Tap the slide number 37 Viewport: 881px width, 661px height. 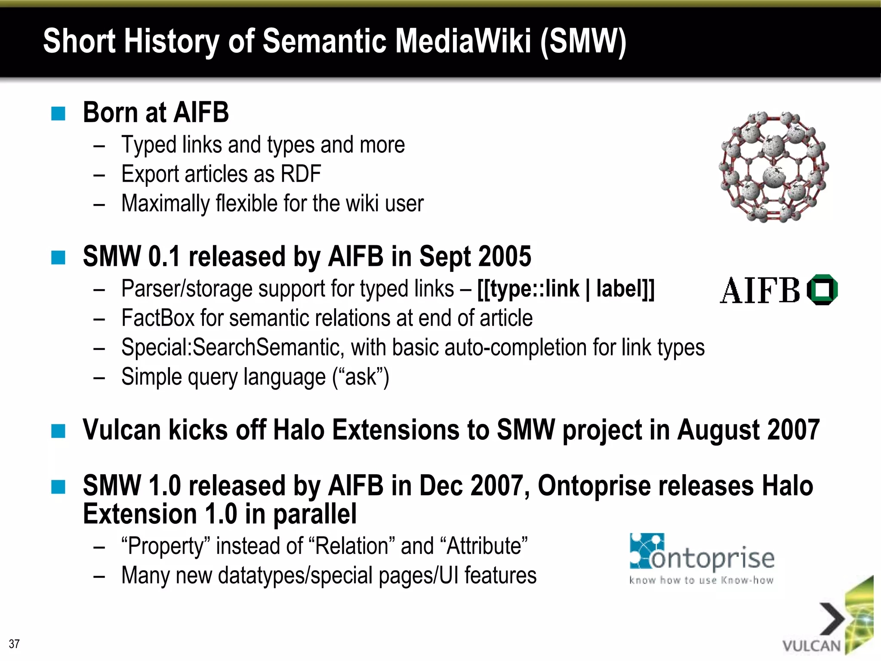coord(14,644)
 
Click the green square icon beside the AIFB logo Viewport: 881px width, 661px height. coord(822,290)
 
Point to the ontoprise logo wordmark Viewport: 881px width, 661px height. coord(712,559)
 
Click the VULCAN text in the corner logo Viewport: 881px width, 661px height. coord(811,646)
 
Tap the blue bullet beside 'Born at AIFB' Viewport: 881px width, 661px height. coord(58,114)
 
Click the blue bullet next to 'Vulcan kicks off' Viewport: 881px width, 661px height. coord(58,430)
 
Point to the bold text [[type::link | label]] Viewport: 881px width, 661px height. coord(566,289)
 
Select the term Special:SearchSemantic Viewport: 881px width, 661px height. coord(232,347)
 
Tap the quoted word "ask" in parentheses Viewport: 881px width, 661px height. coord(360,377)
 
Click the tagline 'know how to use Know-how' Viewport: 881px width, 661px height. coord(701,581)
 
